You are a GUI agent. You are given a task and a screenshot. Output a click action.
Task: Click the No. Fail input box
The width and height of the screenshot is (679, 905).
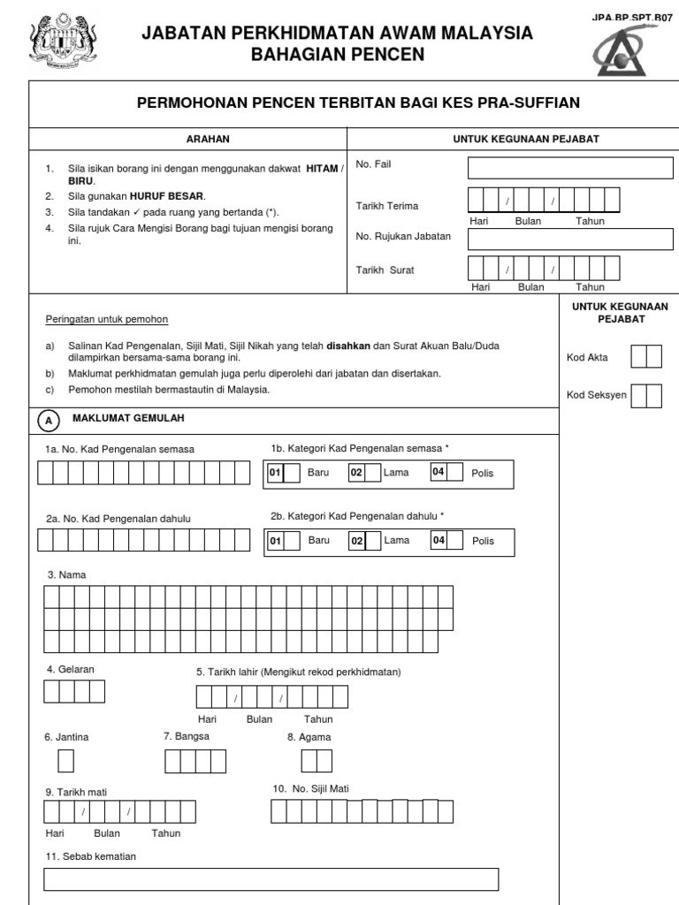coord(570,168)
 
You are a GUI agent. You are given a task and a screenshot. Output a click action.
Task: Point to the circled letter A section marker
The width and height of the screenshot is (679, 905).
coord(48,421)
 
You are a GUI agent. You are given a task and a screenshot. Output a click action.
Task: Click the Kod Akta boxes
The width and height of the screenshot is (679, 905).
coord(646,357)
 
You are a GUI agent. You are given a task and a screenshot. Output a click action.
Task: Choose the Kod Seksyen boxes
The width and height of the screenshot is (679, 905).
coord(646,395)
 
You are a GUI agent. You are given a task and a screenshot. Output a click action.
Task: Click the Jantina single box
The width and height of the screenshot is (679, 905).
coord(66,761)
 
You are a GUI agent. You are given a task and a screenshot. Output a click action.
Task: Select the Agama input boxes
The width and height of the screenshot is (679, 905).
coord(317,761)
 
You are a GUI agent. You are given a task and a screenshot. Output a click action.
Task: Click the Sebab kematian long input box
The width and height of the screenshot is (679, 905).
coord(271,879)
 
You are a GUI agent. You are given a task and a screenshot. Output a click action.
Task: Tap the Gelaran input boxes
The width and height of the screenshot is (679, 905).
coord(74,691)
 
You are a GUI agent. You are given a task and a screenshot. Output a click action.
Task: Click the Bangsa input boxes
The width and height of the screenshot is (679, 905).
coord(196,761)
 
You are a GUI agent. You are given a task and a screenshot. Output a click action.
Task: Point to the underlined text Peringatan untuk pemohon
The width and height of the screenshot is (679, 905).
coord(106,319)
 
